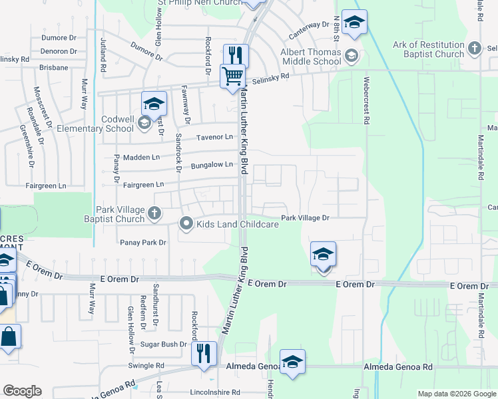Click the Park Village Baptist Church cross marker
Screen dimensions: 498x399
(154, 213)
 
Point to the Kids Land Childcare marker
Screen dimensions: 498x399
(186, 224)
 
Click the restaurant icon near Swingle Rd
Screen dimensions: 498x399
(203, 353)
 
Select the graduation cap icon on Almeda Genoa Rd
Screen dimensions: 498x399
(292, 362)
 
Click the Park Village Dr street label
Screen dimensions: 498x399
(305, 217)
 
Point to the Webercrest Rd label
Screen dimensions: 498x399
(366, 100)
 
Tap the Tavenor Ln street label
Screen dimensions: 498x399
(214, 138)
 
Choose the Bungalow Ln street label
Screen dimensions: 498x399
(214, 165)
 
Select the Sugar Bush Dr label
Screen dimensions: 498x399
(163, 344)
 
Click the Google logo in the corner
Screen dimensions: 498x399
(23, 391)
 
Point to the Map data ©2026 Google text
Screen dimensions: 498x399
(456, 394)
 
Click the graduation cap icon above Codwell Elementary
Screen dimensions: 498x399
(153, 103)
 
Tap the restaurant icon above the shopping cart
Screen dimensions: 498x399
(236, 55)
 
